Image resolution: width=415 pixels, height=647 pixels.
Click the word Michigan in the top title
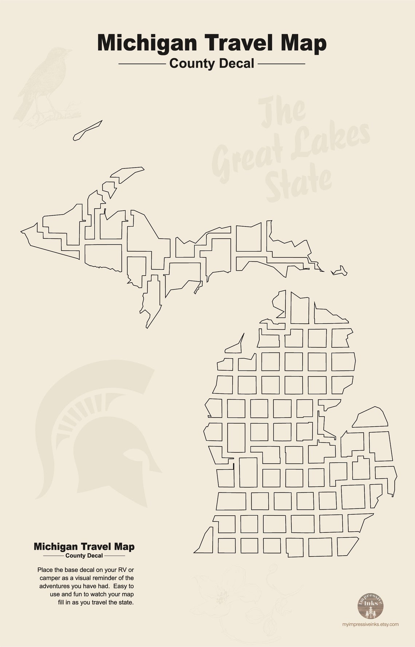[x=147, y=43]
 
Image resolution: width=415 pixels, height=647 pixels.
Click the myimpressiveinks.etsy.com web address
[x=370, y=624]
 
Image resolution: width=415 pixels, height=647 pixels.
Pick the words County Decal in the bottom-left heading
[x=84, y=556]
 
